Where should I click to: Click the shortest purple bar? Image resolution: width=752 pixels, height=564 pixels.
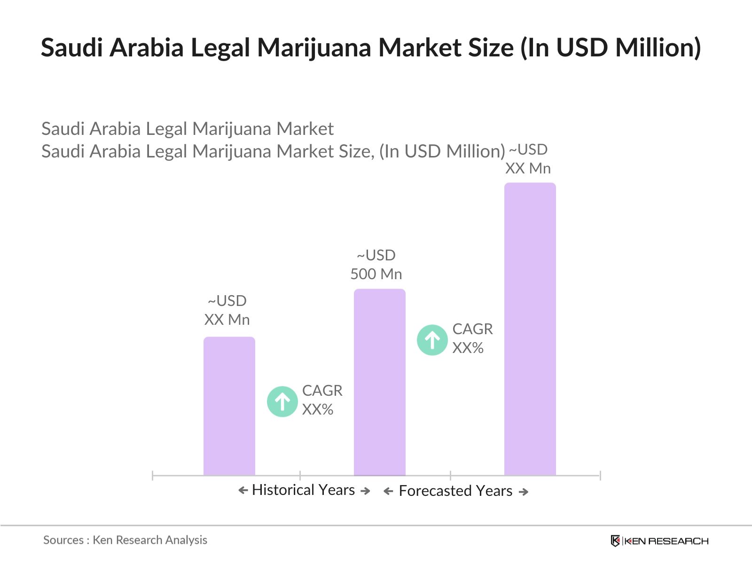coord(229,406)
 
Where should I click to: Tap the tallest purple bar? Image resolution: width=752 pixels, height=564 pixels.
coord(530,329)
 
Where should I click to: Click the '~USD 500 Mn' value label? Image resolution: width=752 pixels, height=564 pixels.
coord(376,265)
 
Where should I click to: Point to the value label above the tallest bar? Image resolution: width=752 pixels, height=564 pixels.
coord(528,159)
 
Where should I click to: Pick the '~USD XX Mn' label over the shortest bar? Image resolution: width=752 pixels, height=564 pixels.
coord(227,310)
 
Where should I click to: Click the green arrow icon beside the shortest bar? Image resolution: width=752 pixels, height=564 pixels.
coord(282,401)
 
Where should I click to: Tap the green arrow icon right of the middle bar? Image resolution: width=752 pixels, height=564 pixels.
coord(432,340)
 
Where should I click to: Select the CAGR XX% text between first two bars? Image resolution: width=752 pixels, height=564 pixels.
coord(322,400)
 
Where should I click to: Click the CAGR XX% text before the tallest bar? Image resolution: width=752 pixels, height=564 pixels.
coord(472,338)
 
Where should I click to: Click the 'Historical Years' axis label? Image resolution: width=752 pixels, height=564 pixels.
coord(303,490)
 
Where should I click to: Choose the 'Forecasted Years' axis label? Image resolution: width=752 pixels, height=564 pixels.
coord(455,491)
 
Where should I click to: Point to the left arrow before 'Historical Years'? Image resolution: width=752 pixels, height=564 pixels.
coord(243,491)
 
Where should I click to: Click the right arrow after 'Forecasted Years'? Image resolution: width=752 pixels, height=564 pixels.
coord(524,492)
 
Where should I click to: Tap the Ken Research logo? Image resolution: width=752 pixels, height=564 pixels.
coord(659,541)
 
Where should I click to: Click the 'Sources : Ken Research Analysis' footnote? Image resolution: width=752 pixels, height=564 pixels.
coord(125,540)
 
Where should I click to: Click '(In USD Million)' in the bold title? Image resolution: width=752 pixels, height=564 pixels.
coord(610,47)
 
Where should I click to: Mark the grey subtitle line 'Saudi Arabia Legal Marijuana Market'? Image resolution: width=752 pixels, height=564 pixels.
coord(188,129)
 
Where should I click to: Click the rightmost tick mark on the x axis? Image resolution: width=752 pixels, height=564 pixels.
coord(600,476)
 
